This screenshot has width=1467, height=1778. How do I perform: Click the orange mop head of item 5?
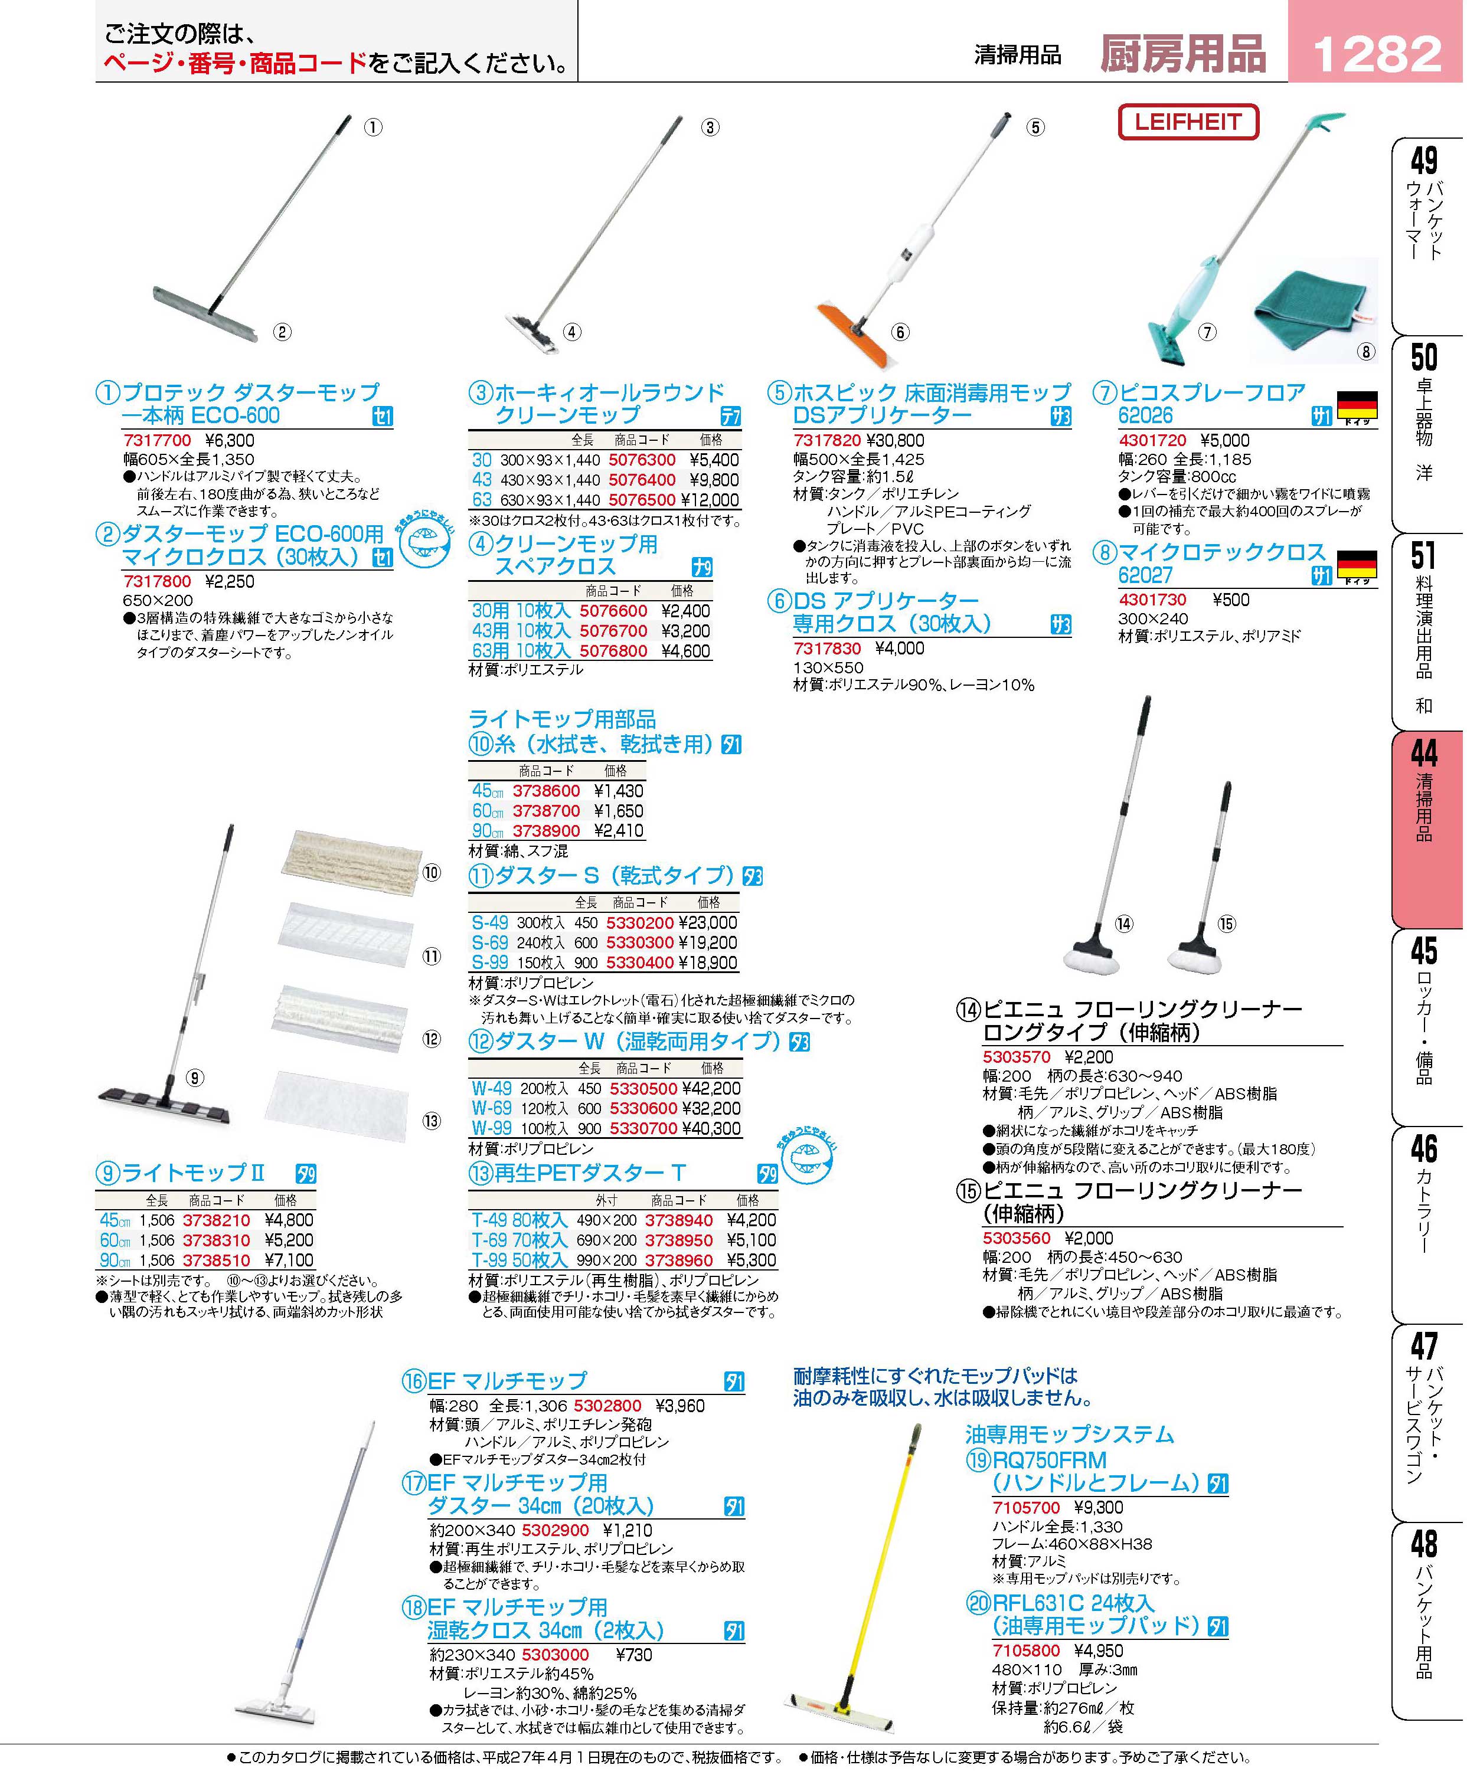tap(854, 333)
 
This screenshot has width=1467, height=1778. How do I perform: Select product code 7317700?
tap(157, 440)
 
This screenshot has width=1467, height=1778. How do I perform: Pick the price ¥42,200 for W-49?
tap(711, 1089)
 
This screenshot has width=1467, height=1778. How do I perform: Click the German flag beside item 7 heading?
tap(1357, 405)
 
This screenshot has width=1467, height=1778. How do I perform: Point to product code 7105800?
tap(1026, 1651)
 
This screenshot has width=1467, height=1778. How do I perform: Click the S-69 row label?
tap(489, 942)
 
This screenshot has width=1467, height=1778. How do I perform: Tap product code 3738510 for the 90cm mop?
tap(216, 1260)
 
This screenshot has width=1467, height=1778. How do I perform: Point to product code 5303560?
tap(1016, 1238)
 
